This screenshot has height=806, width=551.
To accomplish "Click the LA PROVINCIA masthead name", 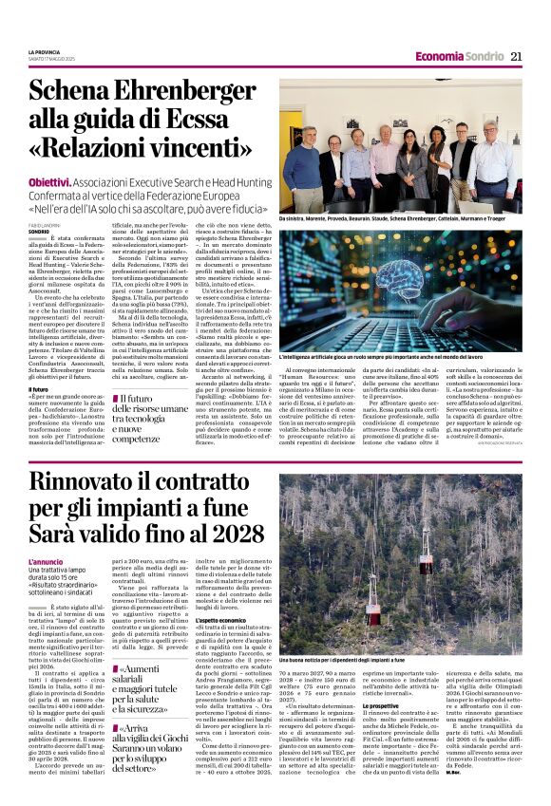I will (45, 51).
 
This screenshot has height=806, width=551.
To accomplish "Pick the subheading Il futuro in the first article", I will (39, 390).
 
